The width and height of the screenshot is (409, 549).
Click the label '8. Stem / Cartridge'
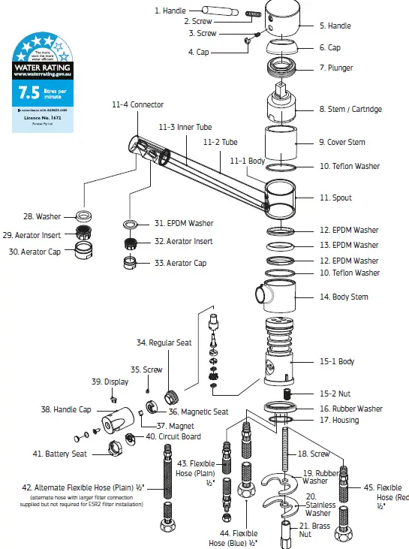pos(350,109)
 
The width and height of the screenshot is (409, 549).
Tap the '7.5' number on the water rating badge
pos(28,92)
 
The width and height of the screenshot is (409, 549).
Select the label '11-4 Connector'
pos(137,104)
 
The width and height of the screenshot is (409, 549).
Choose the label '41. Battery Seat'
pos(59,454)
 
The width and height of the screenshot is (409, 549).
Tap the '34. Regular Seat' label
pos(164,342)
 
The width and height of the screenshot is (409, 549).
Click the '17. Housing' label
pos(338,420)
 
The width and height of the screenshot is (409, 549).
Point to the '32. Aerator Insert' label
pos(182,241)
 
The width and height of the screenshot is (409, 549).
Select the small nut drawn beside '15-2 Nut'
pos(285,394)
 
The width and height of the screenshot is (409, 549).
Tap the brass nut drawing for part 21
pos(285,532)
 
